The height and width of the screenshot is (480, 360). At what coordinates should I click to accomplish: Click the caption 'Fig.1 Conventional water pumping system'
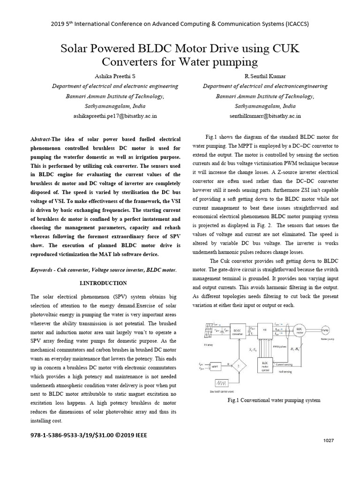click(273, 400)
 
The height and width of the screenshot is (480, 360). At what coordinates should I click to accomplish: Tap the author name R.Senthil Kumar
click(265, 76)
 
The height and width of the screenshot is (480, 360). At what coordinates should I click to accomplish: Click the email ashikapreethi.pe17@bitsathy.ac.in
click(115, 115)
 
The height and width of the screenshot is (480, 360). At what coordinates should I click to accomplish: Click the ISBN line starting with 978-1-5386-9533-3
click(89, 435)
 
